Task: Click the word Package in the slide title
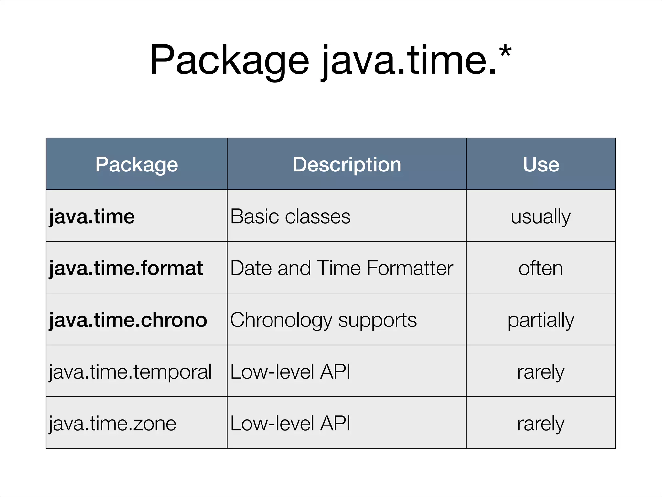pos(229,61)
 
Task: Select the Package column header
pos(136,164)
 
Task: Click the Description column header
pos(347,164)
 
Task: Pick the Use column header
pos(541,164)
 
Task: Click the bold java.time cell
pos(92,216)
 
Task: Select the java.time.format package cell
pos(126,268)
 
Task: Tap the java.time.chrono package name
pos(128,320)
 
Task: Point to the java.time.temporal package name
pos(130,372)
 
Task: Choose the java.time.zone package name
pos(113,424)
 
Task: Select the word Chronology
pos(281,321)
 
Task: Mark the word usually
pos(541,217)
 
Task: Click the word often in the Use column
pos(541,268)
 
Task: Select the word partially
pos(541,321)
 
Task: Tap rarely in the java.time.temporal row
pos(541,372)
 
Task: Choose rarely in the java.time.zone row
pos(541,424)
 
